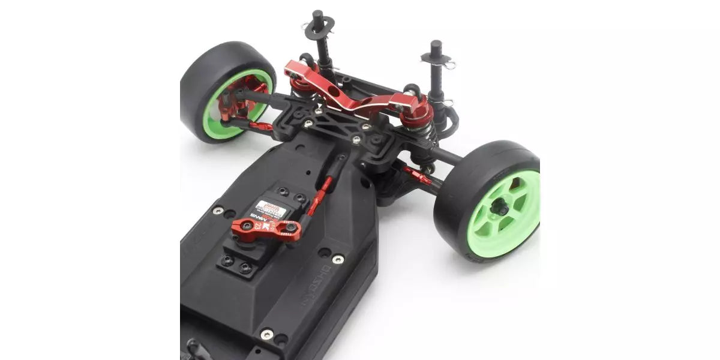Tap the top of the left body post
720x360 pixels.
tap(317, 14)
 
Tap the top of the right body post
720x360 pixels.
tap(436, 45)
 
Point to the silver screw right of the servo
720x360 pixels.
tap(338, 259)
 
